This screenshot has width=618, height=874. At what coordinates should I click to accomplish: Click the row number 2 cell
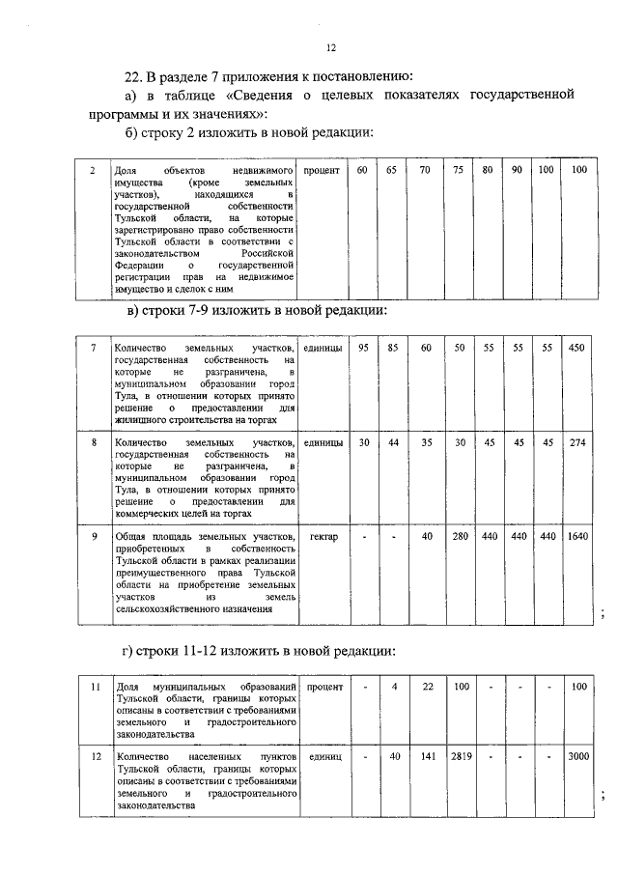pyautogui.click(x=91, y=171)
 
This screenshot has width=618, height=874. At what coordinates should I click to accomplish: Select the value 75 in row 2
pyautogui.click(x=458, y=170)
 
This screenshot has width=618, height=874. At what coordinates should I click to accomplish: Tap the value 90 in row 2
pyautogui.click(x=518, y=170)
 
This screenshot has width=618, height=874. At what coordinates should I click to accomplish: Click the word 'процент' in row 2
pyautogui.click(x=320, y=171)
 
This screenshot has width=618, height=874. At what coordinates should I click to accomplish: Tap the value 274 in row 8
pyautogui.click(x=577, y=442)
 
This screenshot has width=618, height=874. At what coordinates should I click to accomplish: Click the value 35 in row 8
pyautogui.click(x=426, y=442)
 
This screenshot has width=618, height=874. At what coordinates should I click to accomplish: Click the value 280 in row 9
pyautogui.click(x=460, y=536)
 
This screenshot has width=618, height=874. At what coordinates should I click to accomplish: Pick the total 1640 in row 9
pyautogui.click(x=577, y=536)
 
